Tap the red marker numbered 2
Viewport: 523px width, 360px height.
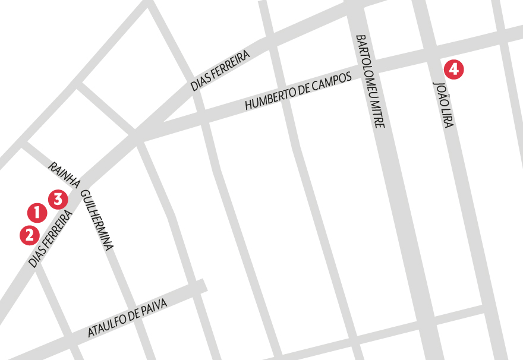(29, 235)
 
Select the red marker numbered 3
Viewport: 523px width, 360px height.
(57, 198)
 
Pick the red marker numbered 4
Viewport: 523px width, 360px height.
(453, 69)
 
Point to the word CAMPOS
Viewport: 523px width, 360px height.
(335, 81)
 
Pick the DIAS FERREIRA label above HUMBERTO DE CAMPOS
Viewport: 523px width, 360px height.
(220, 70)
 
